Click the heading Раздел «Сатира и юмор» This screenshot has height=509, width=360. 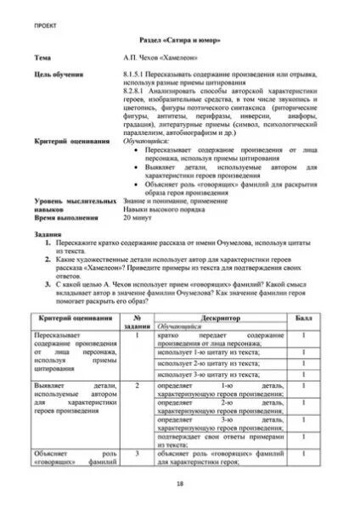point(180,41)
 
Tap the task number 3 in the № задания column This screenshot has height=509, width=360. point(137,454)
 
